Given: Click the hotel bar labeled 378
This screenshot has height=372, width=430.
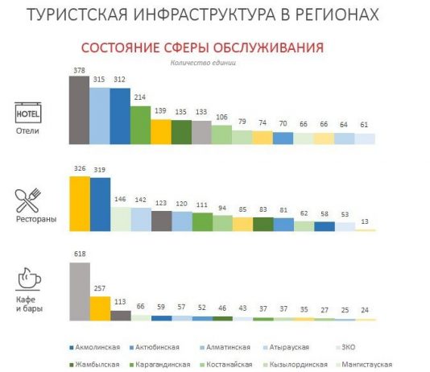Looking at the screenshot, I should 78,110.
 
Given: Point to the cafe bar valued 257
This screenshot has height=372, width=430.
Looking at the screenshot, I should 100,308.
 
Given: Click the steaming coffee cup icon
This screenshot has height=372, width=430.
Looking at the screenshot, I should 28,277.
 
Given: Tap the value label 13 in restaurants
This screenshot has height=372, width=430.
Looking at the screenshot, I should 366,224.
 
